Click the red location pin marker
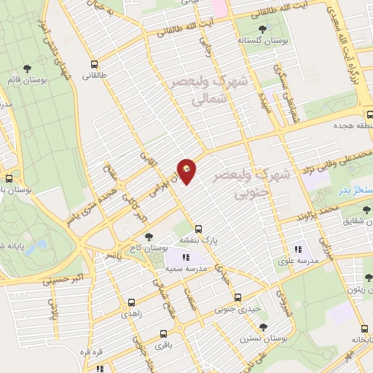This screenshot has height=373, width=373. pos(188,170)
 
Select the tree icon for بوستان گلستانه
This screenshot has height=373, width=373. pos(262,30)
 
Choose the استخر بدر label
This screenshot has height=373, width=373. pos(357,189)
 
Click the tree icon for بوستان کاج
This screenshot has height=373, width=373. pos(149,237)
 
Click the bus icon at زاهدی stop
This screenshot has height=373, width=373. pos(131,302)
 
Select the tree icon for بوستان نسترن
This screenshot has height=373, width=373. pos(264,327)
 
